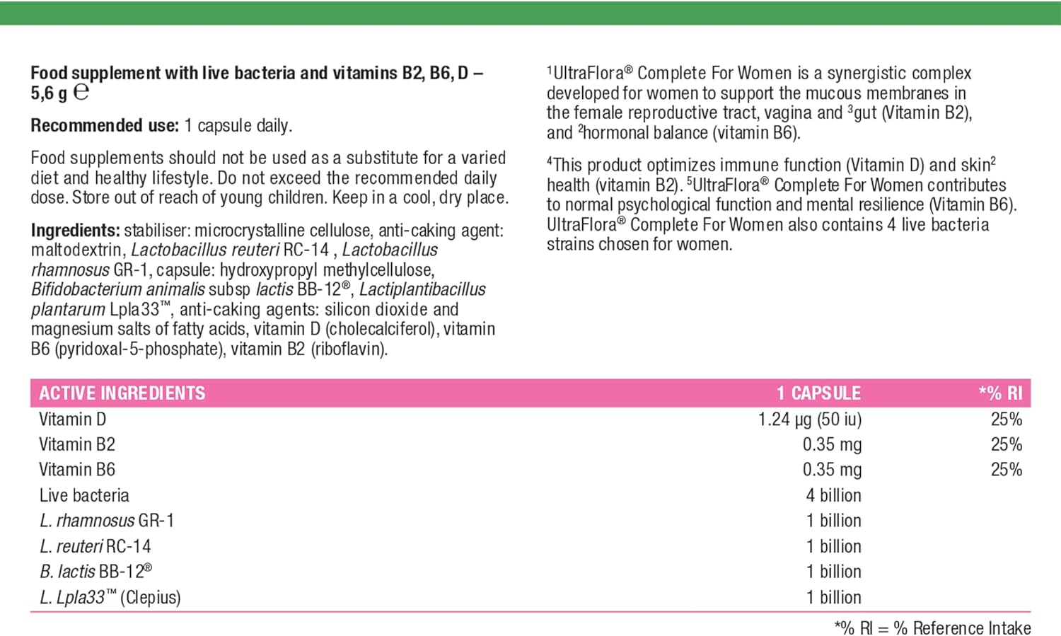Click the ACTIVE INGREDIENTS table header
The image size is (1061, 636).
pyautogui.click(x=122, y=393)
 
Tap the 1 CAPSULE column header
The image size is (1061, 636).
pyautogui.click(x=818, y=393)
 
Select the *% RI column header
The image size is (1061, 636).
pyautogui.click(x=1000, y=393)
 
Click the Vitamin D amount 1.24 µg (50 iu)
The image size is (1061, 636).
pyautogui.click(x=810, y=420)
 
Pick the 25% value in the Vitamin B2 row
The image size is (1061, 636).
pyautogui.click(x=1006, y=445)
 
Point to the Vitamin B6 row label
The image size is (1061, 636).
pyautogui.click(x=76, y=470)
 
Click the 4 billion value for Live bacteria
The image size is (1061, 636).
pyautogui.click(x=833, y=495)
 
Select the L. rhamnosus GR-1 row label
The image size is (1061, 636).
pyautogui.click(x=106, y=521)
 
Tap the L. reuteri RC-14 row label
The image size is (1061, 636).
pyautogui.click(x=95, y=546)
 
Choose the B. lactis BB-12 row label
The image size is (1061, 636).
pyautogui.click(x=95, y=572)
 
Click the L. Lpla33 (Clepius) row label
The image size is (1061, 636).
pyautogui.click(x=110, y=597)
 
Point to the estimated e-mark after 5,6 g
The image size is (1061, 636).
pyautogui.click(x=81, y=92)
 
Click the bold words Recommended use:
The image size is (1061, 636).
pyautogui.click(x=105, y=126)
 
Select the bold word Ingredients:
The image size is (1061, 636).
pyautogui.click(x=75, y=231)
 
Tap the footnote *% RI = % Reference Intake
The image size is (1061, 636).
pyautogui.click(x=932, y=628)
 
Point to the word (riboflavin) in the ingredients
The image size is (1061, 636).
pyautogui.click(x=349, y=349)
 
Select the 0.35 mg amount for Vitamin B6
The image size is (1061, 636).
pyautogui.click(x=832, y=470)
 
